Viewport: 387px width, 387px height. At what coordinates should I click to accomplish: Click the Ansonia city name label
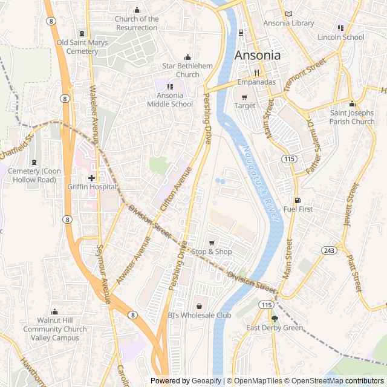[257, 55]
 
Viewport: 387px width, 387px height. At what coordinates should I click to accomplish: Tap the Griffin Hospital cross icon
[91, 178]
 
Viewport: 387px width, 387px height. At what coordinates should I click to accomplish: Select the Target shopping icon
[245, 97]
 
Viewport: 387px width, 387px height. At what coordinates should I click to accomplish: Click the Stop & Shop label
[212, 252]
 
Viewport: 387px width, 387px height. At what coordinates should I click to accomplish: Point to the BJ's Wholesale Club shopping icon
[199, 306]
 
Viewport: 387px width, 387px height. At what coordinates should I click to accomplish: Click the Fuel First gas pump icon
[297, 200]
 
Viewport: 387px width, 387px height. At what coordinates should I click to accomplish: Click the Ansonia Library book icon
[288, 14]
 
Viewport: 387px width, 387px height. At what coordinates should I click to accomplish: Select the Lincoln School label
[341, 37]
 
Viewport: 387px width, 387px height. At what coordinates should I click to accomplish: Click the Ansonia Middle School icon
[170, 86]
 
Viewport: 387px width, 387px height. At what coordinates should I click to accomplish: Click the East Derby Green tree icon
[275, 319]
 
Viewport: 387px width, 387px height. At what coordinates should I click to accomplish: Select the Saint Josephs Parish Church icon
[353, 103]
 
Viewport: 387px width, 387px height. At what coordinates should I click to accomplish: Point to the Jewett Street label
[351, 205]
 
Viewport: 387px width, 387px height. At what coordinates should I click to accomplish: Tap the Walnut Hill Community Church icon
[55, 312]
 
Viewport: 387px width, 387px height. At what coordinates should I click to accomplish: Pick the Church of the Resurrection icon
[137, 10]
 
